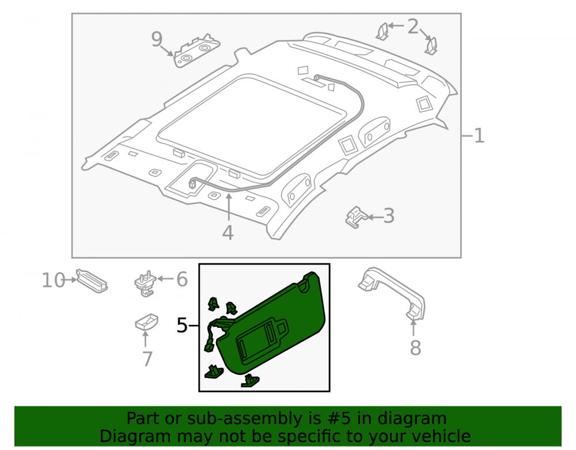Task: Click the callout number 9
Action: [x=157, y=39]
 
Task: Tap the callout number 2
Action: [x=413, y=27]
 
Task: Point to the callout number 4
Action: [x=228, y=233]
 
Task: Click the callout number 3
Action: [x=389, y=216]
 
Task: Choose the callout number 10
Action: [x=54, y=280]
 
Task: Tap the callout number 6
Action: [x=182, y=279]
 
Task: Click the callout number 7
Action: [x=147, y=359]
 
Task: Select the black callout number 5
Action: [x=182, y=326]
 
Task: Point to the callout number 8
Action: [x=415, y=347]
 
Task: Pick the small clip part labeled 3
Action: [x=356, y=217]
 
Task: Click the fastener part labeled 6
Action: [x=146, y=283]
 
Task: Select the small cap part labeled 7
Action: [x=146, y=322]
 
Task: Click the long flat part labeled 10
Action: [x=92, y=281]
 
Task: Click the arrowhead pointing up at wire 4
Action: [x=229, y=196]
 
